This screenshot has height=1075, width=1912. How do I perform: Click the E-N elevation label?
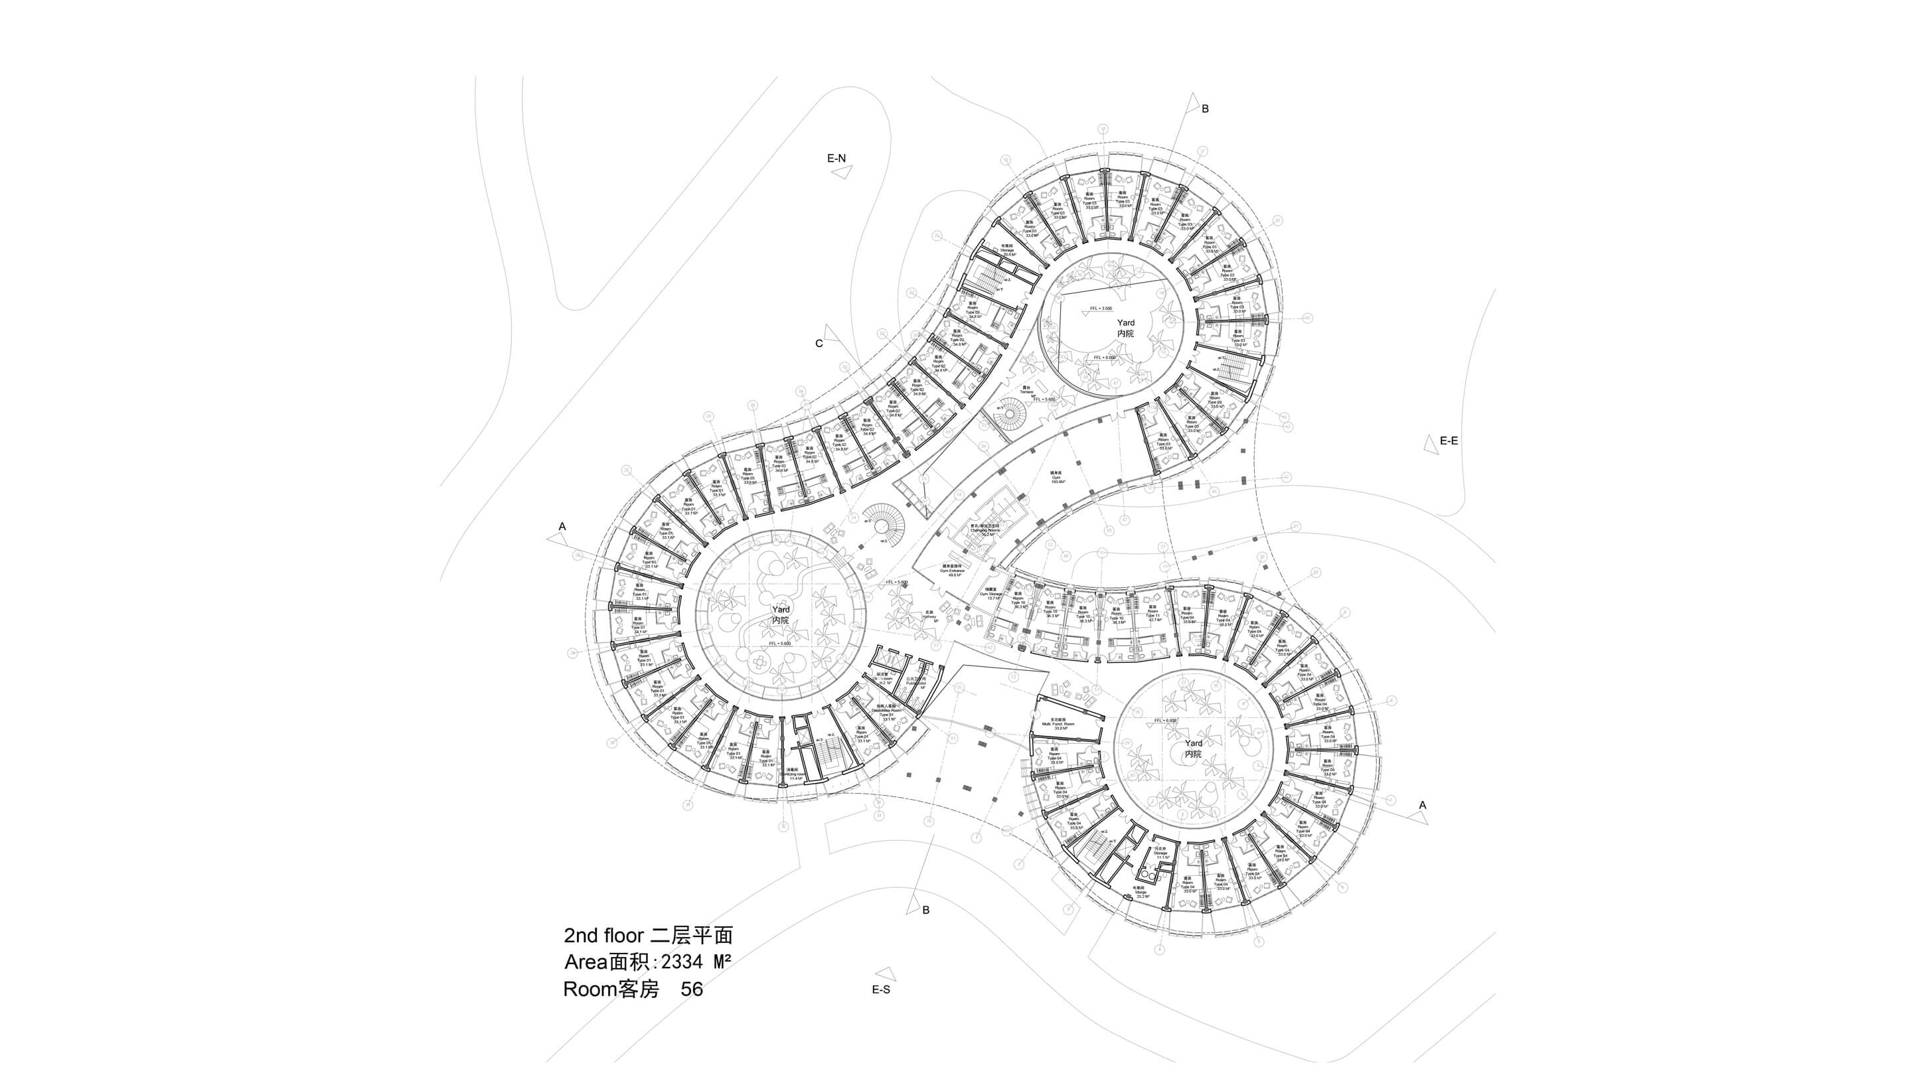(x=836, y=158)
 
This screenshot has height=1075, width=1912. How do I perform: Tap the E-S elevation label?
(x=881, y=989)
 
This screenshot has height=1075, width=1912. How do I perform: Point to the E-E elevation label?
(x=1449, y=441)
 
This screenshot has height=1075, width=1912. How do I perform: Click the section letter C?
(x=819, y=344)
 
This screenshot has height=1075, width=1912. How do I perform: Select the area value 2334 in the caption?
(x=682, y=962)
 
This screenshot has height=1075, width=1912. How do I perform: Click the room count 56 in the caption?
(x=692, y=989)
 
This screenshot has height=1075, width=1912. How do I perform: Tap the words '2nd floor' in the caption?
(x=603, y=935)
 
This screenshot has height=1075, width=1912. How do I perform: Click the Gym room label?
(x=1057, y=477)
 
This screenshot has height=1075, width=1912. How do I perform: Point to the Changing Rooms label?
(x=986, y=529)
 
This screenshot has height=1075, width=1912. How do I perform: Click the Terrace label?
(x=1026, y=390)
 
